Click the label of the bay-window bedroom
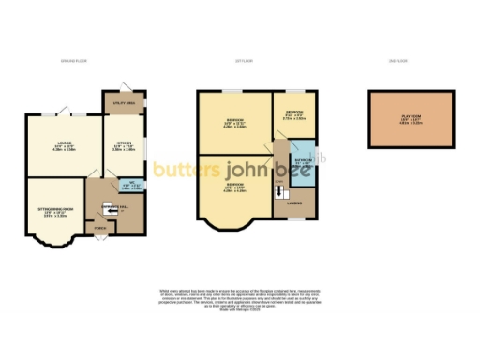pos(234,186)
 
